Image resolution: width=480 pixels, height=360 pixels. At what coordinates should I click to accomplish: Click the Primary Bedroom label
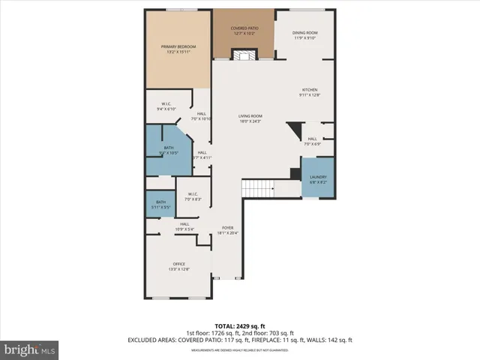point(178,49)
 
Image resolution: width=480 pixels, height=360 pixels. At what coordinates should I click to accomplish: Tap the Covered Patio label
point(244,31)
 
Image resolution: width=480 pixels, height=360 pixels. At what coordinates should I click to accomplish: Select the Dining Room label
point(305,35)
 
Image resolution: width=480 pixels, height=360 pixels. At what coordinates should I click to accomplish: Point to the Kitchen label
point(310,92)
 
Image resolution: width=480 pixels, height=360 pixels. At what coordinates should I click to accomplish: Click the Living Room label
point(250,118)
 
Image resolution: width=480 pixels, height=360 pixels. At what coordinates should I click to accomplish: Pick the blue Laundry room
point(317,178)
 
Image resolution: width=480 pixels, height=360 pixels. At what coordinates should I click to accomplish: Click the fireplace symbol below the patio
point(242,55)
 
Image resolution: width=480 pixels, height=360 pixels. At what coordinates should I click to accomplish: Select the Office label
point(178,266)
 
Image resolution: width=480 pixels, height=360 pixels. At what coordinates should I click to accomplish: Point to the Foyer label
point(227,230)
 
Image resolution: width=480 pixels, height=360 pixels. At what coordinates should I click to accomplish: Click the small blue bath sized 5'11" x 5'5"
point(160,204)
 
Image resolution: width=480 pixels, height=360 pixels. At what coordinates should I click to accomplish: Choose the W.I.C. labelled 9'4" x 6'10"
point(166,106)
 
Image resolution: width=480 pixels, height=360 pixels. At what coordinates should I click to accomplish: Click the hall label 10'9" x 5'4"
point(184,227)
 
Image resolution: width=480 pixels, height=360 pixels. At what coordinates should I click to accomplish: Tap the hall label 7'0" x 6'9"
point(312,141)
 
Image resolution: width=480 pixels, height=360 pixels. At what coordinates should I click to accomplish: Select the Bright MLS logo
point(30,349)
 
